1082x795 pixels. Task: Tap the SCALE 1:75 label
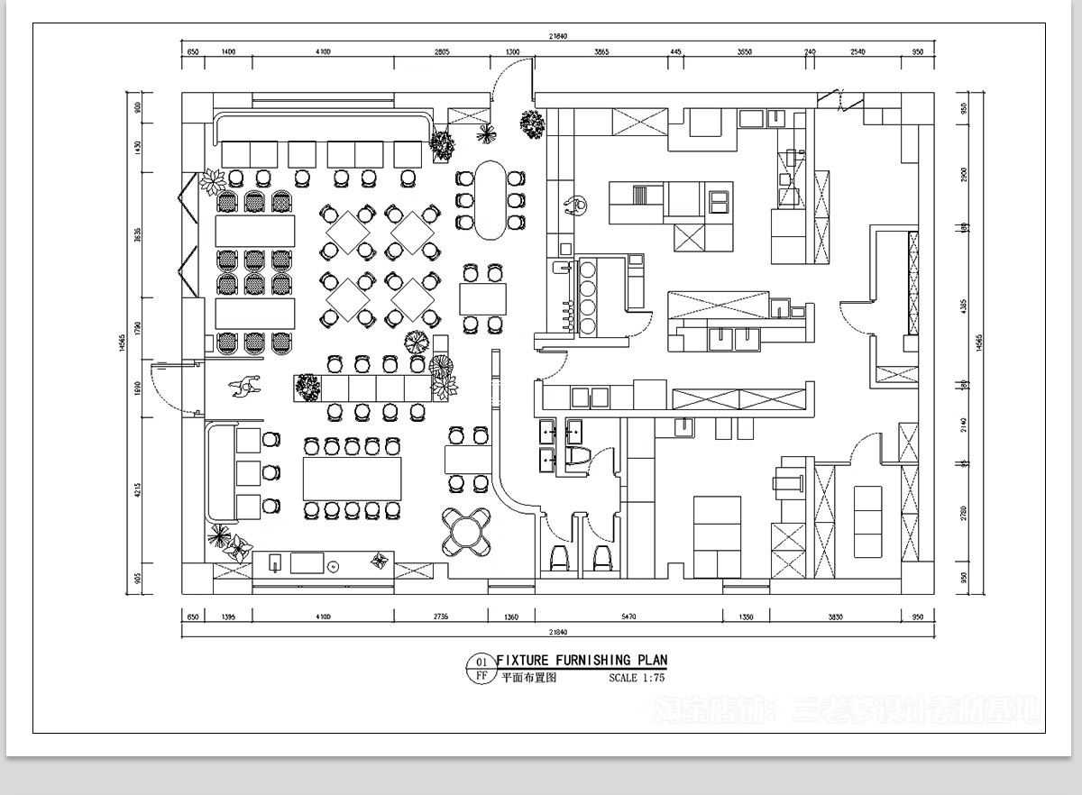637,678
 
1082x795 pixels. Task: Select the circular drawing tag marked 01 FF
481,668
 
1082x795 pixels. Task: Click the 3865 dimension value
601,52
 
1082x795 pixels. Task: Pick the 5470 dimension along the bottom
628,617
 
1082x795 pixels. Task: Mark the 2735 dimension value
441,617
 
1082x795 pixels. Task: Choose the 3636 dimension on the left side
138,236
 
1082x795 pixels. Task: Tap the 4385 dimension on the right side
963,304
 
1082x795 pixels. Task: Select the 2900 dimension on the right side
963,173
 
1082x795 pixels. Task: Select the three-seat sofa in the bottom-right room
868,520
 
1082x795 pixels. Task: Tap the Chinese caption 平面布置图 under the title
529,678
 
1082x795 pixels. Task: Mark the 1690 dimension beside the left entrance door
138,388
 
